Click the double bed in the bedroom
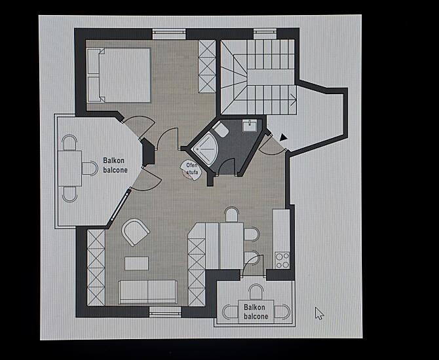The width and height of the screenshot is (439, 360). tap(119, 75)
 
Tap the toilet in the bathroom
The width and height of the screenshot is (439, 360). tap(221, 129)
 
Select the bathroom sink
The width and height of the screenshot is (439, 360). tap(250, 126)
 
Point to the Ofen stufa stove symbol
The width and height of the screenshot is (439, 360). tap(191, 170)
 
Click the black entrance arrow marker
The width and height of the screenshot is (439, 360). tap(283, 137)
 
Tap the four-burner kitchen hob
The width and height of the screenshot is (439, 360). tap(282, 260)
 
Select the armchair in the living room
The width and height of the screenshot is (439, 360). tap(135, 232)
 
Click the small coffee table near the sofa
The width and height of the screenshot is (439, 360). tap(137, 264)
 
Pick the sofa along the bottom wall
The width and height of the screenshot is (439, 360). tap(148, 292)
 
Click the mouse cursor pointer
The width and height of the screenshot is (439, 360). tap(319, 314)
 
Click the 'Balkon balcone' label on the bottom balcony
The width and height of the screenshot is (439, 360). tap(256, 312)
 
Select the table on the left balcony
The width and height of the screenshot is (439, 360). tap(70, 168)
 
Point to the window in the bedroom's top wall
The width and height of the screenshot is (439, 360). tap(169, 34)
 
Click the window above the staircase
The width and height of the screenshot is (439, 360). tap(265, 34)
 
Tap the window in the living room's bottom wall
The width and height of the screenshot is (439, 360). tap(165, 312)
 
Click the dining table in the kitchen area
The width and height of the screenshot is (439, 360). tap(231, 246)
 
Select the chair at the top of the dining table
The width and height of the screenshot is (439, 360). tap(231, 215)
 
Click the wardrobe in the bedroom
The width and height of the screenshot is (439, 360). tap(207, 66)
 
